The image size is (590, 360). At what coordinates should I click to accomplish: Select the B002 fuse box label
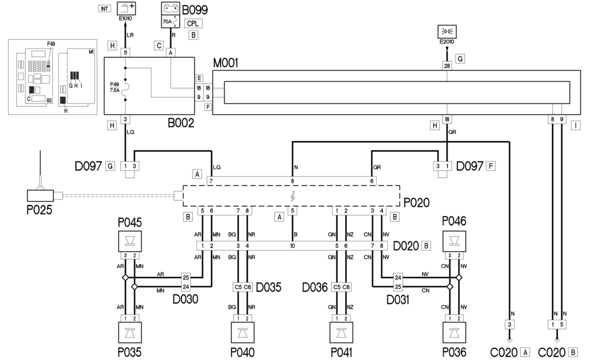(181, 123)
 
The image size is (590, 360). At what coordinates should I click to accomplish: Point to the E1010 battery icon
(126, 9)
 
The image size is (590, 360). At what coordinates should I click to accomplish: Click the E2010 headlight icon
(447, 31)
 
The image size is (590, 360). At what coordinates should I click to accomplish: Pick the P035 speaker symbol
(130, 332)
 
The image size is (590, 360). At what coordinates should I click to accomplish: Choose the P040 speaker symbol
(243, 332)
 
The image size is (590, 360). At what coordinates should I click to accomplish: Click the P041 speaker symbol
(341, 332)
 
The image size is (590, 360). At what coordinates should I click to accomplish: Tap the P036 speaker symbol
(453, 332)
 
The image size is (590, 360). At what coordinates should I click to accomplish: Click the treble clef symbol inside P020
(293, 196)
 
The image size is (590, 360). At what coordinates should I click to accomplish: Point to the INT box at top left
(105, 9)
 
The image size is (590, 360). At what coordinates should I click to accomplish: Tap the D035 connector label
(269, 287)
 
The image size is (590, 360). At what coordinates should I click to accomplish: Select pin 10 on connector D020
(293, 246)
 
